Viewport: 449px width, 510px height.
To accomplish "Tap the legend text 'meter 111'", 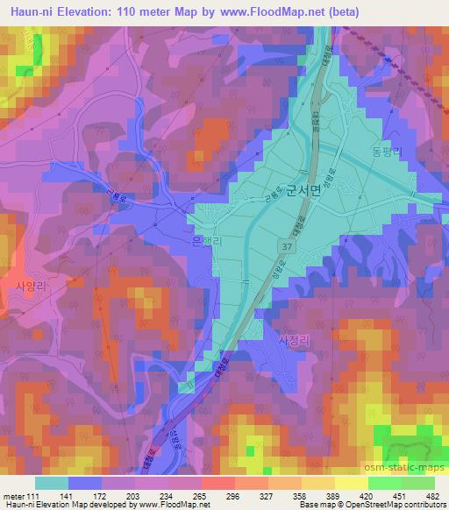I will click(x=21, y=496).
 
